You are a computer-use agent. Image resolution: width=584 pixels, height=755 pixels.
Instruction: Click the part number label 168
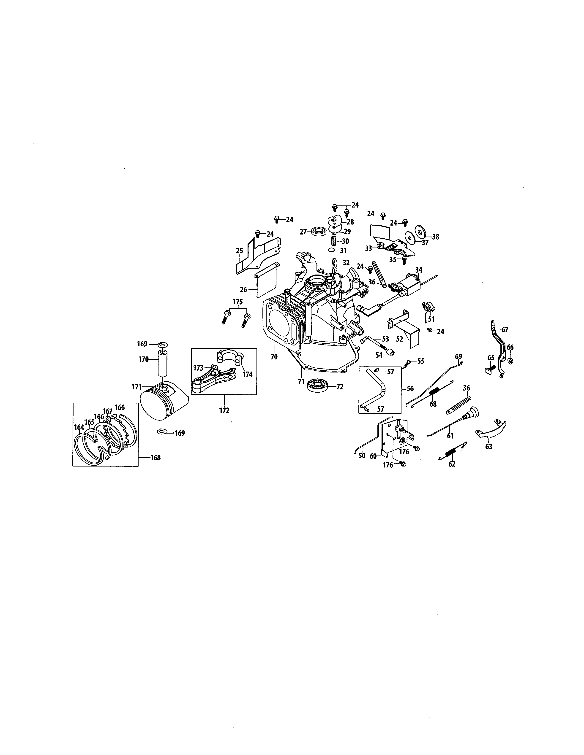(155, 458)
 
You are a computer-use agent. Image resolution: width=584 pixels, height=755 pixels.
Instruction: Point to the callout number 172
(224, 411)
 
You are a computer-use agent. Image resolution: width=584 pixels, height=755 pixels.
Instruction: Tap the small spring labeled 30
(333, 241)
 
